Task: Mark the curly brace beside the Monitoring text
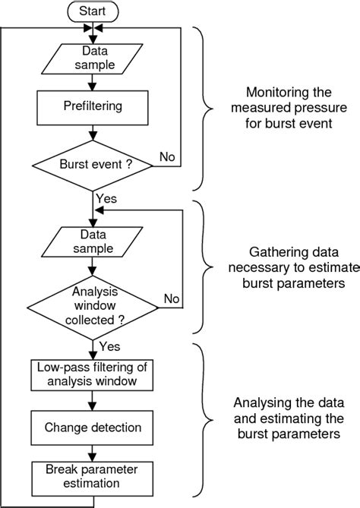(204, 109)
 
